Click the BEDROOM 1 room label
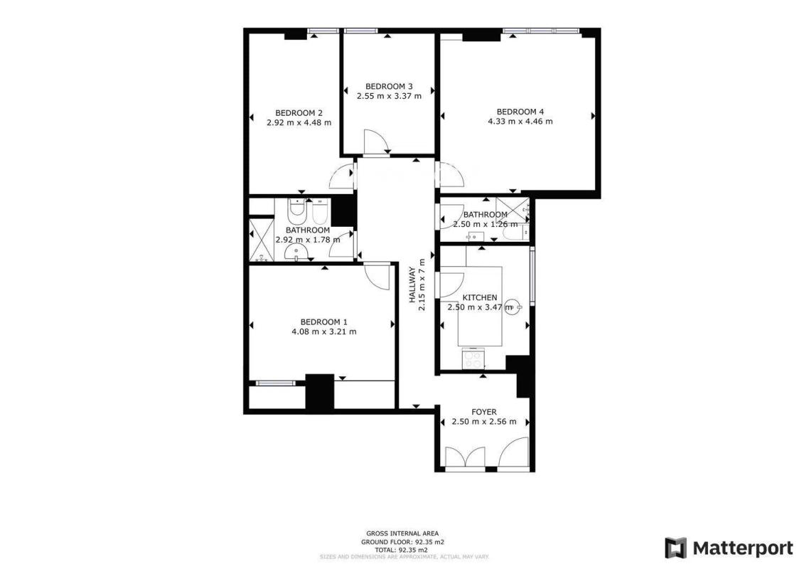click(323, 321)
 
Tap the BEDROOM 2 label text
click(299, 113)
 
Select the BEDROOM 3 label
click(389, 86)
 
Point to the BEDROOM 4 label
click(520, 112)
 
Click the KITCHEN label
click(480, 297)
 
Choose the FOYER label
click(484, 412)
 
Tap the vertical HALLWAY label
click(412, 284)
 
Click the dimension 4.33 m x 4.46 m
click(520, 122)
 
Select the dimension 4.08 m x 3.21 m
click(324, 331)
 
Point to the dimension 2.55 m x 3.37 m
click(389, 96)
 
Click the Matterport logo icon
click(676, 548)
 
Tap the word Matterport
click(743, 548)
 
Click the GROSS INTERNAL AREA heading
click(402, 533)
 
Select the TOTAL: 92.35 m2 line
click(402, 550)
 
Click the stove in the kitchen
click(473, 358)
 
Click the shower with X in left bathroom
click(261, 240)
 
